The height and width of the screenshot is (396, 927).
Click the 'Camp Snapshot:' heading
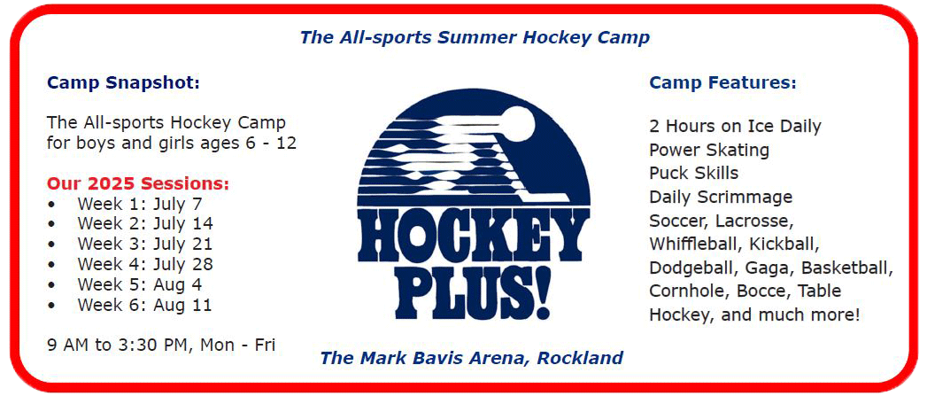(x=124, y=83)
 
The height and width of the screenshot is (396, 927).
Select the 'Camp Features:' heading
(x=722, y=83)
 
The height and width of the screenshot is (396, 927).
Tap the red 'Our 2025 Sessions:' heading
(x=138, y=183)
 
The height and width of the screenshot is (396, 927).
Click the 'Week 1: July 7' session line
(x=140, y=205)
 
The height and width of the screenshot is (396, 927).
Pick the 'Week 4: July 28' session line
(x=145, y=264)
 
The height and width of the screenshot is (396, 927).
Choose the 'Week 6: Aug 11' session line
(x=144, y=305)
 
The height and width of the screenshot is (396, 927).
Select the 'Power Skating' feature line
(x=709, y=150)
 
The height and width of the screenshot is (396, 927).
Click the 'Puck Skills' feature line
(x=693, y=174)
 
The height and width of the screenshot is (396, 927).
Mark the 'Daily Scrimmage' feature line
(x=721, y=197)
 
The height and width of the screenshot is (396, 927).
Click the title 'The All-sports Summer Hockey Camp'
(x=475, y=38)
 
